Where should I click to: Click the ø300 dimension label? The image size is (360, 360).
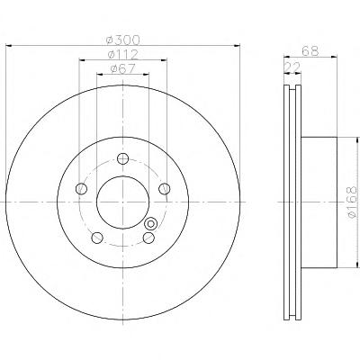(123, 40)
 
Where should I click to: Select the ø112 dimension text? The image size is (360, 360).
(123, 54)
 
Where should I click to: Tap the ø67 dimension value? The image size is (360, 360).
(123, 68)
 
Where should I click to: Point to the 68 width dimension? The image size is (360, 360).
(310, 51)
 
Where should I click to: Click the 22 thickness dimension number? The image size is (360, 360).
(292, 67)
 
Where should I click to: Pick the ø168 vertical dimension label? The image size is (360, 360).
(352, 202)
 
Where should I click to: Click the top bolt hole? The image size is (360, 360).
(123, 158)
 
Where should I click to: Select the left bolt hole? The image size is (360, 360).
(81, 189)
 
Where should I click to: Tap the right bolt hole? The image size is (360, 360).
(165, 189)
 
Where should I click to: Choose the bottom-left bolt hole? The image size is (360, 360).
(97, 238)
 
